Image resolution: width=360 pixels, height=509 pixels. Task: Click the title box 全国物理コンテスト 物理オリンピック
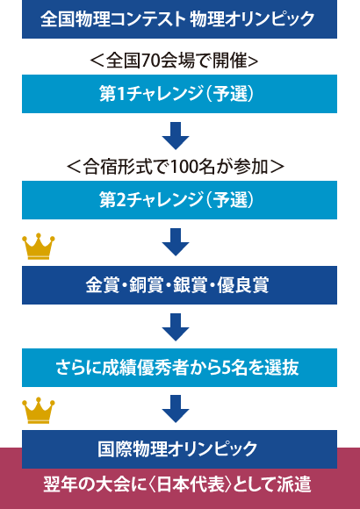(179, 19)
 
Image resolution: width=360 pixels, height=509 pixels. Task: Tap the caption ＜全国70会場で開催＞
(174, 61)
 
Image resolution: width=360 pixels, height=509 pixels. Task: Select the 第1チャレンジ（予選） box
(179, 94)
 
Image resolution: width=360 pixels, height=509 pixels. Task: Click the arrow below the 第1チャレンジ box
(176, 136)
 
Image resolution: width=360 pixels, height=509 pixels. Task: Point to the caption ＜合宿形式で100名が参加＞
(176, 167)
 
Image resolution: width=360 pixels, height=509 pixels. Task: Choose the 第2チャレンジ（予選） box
(179, 200)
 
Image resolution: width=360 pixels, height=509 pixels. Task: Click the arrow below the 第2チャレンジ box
(176, 242)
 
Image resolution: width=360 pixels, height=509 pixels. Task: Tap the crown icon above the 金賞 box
(39, 247)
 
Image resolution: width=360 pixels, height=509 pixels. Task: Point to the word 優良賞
(242, 285)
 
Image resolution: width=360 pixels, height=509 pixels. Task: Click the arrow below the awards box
(176, 326)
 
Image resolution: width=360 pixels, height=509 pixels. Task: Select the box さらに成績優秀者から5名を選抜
(179, 368)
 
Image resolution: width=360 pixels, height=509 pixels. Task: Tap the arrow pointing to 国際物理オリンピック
(176, 409)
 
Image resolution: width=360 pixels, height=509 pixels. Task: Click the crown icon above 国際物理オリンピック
(39, 411)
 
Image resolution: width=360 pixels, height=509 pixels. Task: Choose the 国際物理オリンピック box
(179, 449)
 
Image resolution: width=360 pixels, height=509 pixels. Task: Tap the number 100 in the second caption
(183, 168)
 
